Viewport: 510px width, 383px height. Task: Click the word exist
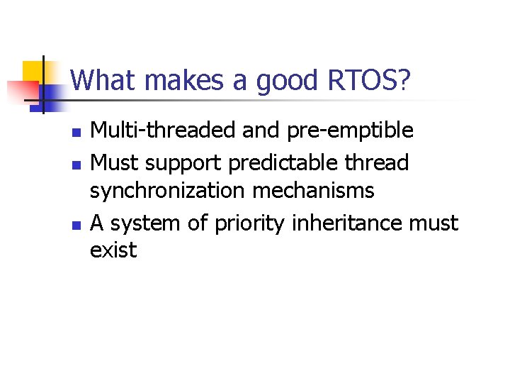tap(113, 250)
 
